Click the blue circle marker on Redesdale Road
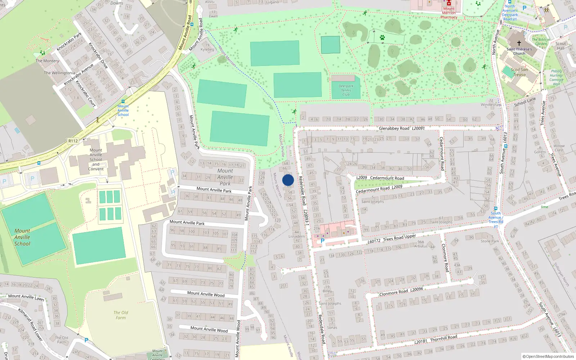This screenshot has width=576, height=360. click(x=288, y=180)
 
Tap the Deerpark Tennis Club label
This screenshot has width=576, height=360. click(x=346, y=90)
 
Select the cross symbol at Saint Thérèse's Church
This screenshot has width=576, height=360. click(x=519, y=43)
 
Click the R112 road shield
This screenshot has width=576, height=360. click(x=73, y=141)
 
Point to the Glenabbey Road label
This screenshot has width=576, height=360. click(x=394, y=129)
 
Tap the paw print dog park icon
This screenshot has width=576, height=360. click(x=382, y=37)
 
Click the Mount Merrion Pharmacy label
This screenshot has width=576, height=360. click(x=449, y=13)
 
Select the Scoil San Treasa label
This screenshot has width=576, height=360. click(x=519, y=72)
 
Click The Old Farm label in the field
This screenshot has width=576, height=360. click(x=121, y=315)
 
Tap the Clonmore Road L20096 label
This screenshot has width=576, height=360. click(x=401, y=292)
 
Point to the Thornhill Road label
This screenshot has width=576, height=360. click(x=444, y=338)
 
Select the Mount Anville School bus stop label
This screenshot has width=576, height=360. click(x=123, y=110)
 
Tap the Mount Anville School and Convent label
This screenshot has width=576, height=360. click(x=96, y=159)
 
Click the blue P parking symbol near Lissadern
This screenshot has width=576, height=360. click(x=323, y=241)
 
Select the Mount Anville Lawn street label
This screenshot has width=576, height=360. click(x=26, y=297)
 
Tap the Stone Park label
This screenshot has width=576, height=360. click(x=490, y=241)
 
